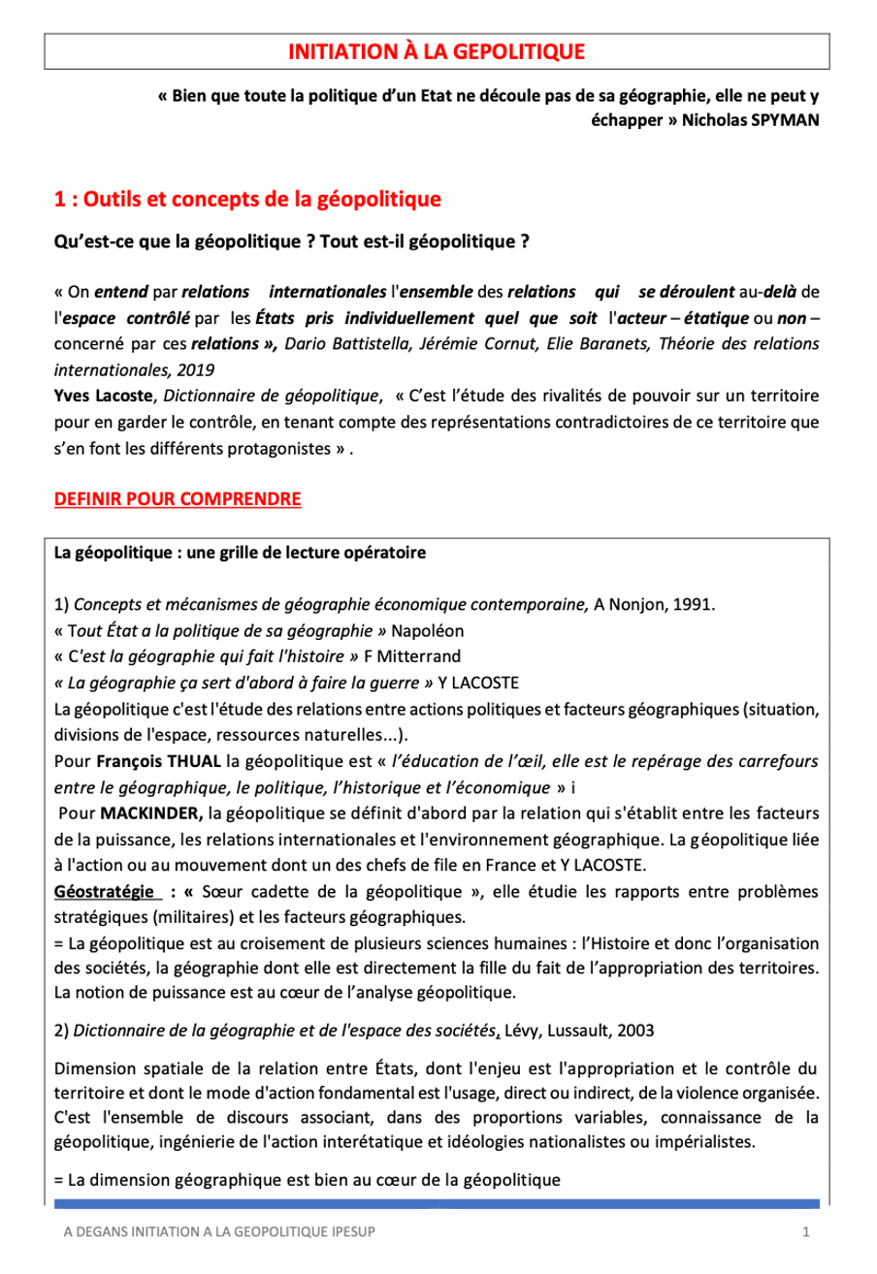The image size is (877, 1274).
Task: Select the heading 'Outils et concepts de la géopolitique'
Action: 262,201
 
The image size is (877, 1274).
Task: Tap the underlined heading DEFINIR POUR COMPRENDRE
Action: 178,499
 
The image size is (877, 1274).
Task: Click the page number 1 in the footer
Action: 806,1231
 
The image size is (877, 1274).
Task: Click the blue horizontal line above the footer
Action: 438,1203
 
